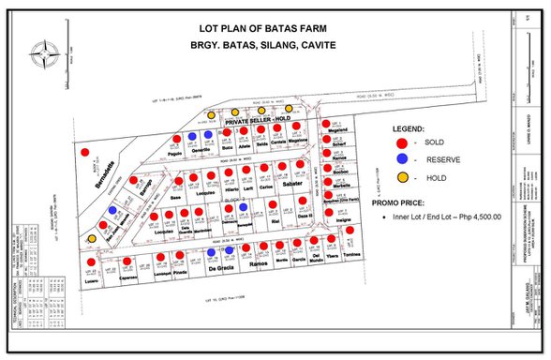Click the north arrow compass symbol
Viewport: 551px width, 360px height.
click(42, 54)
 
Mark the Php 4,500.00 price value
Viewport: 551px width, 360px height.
click(469, 217)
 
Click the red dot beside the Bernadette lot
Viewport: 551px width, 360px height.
click(85, 150)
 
